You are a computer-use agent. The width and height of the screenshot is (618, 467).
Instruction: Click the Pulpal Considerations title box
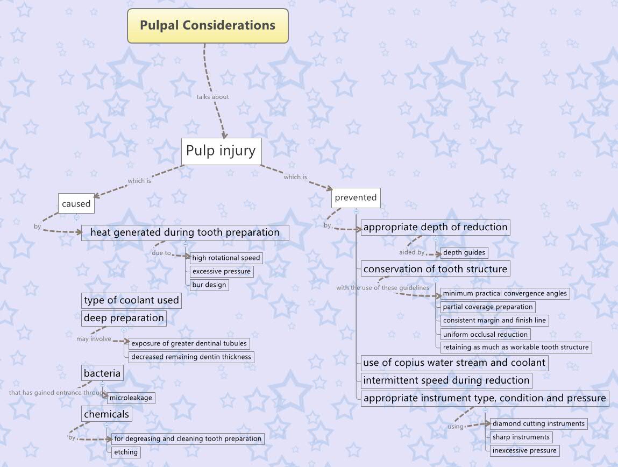(x=208, y=25)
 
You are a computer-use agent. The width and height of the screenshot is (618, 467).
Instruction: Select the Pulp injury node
(x=221, y=151)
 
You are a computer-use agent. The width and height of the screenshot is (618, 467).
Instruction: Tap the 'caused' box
(x=76, y=204)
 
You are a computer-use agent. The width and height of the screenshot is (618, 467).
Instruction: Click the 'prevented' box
(x=356, y=197)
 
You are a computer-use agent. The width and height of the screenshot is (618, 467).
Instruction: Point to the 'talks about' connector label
(x=212, y=97)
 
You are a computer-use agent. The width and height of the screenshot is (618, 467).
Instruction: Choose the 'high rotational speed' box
(x=226, y=258)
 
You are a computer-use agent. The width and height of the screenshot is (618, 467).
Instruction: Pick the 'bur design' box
(x=209, y=285)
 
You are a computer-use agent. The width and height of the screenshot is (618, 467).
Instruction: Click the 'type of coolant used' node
(x=131, y=300)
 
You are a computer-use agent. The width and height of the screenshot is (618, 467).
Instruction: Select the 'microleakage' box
(x=131, y=398)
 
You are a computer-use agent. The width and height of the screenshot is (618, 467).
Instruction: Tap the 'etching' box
(x=126, y=452)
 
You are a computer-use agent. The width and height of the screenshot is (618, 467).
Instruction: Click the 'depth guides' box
(x=464, y=252)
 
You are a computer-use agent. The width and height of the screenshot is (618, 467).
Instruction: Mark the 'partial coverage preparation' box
(x=488, y=307)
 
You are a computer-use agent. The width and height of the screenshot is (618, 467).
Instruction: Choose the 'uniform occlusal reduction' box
(x=485, y=334)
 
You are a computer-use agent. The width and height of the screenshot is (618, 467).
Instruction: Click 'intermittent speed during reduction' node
(x=446, y=380)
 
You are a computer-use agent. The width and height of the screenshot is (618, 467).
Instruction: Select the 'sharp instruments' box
(x=521, y=437)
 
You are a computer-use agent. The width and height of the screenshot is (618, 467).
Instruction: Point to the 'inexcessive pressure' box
(x=524, y=450)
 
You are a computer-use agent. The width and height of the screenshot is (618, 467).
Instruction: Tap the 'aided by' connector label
(x=411, y=252)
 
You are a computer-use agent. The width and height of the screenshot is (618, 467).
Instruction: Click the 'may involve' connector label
(x=94, y=339)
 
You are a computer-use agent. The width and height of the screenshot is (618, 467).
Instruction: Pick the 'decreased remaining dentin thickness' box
(x=191, y=357)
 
